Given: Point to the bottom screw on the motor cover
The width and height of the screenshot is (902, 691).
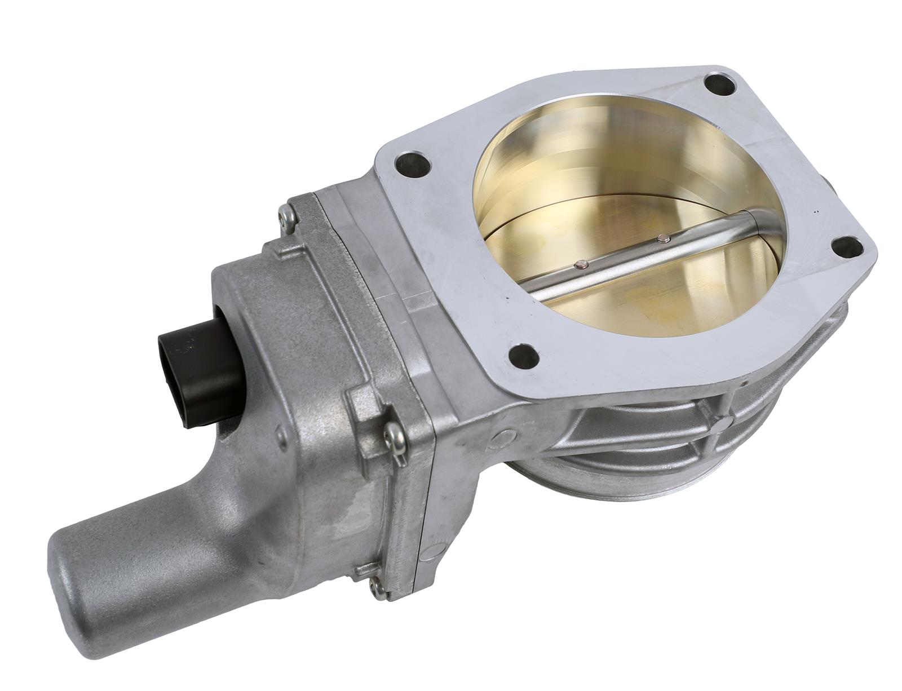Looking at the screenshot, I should tap(382, 590).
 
